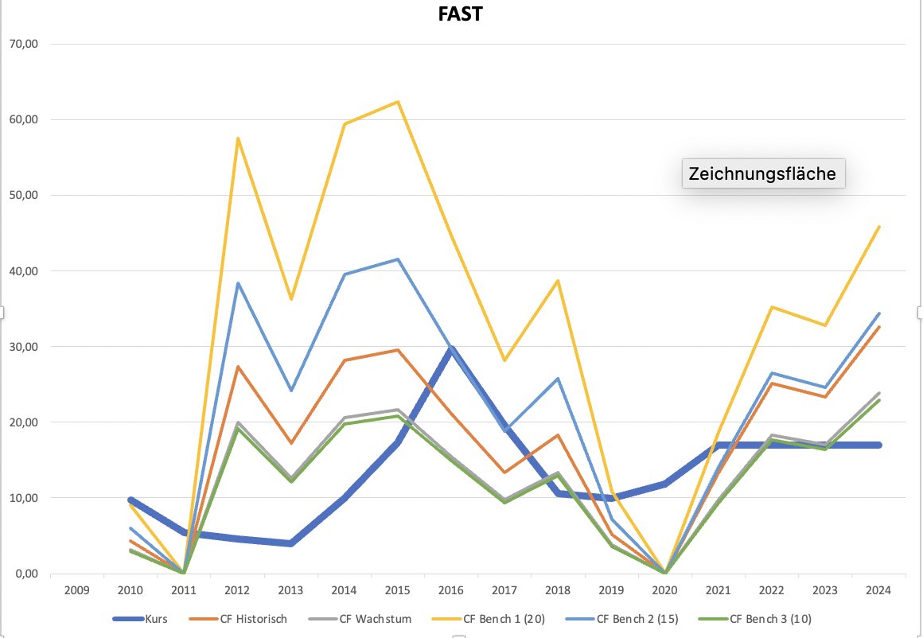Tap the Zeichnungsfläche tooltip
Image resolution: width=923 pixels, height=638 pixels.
click(762, 173)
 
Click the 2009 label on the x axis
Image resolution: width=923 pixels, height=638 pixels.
click(76, 591)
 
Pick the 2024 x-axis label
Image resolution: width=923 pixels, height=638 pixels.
click(879, 591)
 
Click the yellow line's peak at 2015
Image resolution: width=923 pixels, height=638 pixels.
click(398, 102)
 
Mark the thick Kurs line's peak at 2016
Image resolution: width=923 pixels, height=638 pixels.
click(452, 349)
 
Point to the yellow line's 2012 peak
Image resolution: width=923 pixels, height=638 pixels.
click(237, 138)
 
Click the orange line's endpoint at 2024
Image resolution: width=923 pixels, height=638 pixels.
click(879, 327)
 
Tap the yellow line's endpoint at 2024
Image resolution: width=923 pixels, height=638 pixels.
click(879, 227)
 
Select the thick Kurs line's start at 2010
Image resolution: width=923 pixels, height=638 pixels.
click(130, 500)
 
